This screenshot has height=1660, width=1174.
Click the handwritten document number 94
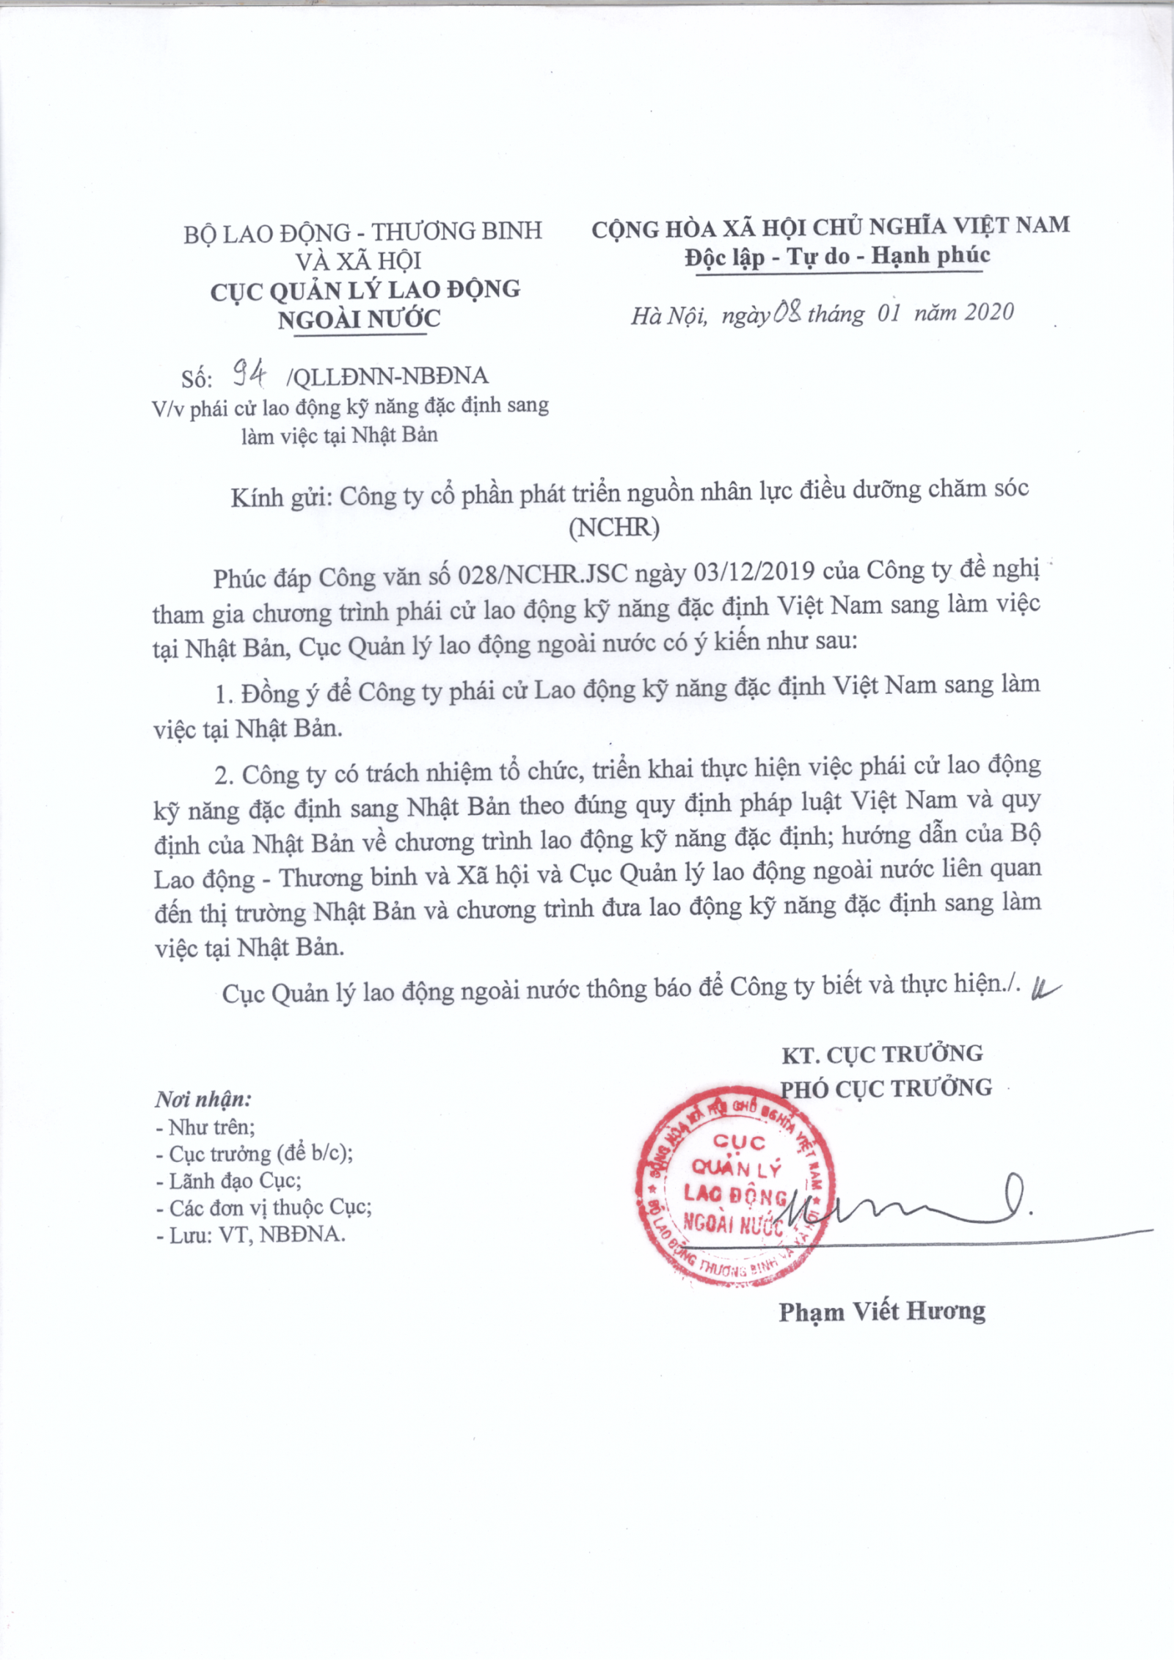pos(249,375)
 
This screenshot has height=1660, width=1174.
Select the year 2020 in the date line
pos(988,312)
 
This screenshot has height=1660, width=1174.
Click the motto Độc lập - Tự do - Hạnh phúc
pos(837,256)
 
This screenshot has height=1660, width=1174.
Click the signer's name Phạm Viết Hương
pos(882,1312)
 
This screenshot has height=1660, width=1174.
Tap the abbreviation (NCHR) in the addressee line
pos(613,527)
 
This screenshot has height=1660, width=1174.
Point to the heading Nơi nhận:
pos(203,1099)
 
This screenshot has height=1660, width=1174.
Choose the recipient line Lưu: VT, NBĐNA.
pos(250,1235)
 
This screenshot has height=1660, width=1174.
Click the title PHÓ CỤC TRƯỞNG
pos(885,1088)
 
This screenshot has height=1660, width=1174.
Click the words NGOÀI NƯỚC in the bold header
pos(359,319)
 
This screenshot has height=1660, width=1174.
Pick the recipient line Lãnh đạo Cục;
pos(228,1181)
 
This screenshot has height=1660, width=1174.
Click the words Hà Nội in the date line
pos(668,315)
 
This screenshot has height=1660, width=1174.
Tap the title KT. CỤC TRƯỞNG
pos(882,1055)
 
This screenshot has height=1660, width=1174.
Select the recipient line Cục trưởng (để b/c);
pos(254,1154)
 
